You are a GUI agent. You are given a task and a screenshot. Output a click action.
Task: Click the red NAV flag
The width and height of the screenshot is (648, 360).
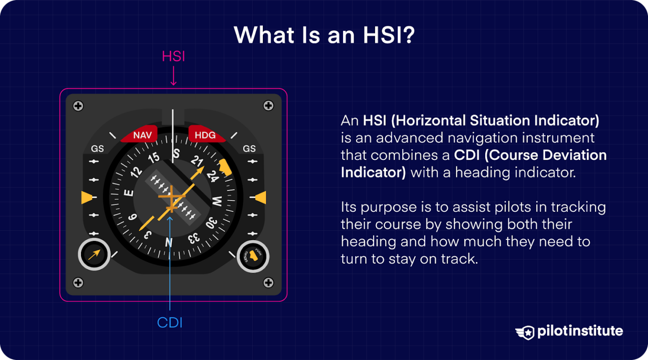pyautogui.click(x=141, y=135)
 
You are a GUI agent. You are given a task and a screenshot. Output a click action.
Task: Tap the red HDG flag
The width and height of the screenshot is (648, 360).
pyautogui.click(x=205, y=135)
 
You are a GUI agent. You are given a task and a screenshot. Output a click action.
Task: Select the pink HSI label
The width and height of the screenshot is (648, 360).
pyautogui.click(x=173, y=57)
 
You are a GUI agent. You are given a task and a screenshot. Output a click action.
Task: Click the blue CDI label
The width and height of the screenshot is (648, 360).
pyautogui.click(x=170, y=323)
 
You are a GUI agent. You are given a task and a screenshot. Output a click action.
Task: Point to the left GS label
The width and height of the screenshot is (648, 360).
pyautogui.click(x=97, y=149)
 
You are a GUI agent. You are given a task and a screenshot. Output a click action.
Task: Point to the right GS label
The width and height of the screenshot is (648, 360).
pyautogui.click(x=249, y=149)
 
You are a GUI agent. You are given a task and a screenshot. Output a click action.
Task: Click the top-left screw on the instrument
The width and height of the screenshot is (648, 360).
pyautogui.click(x=78, y=106)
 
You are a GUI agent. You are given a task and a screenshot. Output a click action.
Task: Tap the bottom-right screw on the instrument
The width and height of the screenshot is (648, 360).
pyautogui.click(x=268, y=282)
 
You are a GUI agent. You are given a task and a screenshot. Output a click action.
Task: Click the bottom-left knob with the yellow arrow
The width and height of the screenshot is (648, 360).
pyautogui.click(x=94, y=254)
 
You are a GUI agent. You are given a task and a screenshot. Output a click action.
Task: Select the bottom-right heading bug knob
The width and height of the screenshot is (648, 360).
pyautogui.click(x=253, y=256)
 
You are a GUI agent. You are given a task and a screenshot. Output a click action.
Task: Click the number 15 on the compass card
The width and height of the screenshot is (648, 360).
pyautogui.click(x=154, y=158)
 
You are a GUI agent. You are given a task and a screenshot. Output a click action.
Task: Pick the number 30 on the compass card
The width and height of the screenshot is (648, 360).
pyautogui.click(x=211, y=223)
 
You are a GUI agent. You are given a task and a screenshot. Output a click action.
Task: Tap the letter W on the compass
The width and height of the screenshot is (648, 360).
pyautogui.click(x=217, y=201)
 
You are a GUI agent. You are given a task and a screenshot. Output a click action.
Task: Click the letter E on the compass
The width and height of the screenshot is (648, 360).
pyautogui.click(x=129, y=193)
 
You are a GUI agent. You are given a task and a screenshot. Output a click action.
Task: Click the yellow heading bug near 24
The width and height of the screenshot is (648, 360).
pyautogui.click(x=225, y=168)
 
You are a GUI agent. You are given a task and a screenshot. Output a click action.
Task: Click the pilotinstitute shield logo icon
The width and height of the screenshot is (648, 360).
pyautogui.click(x=526, y=333)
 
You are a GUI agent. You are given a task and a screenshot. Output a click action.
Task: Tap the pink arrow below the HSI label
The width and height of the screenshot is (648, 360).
pyautogui.click(x=173, y=77)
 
